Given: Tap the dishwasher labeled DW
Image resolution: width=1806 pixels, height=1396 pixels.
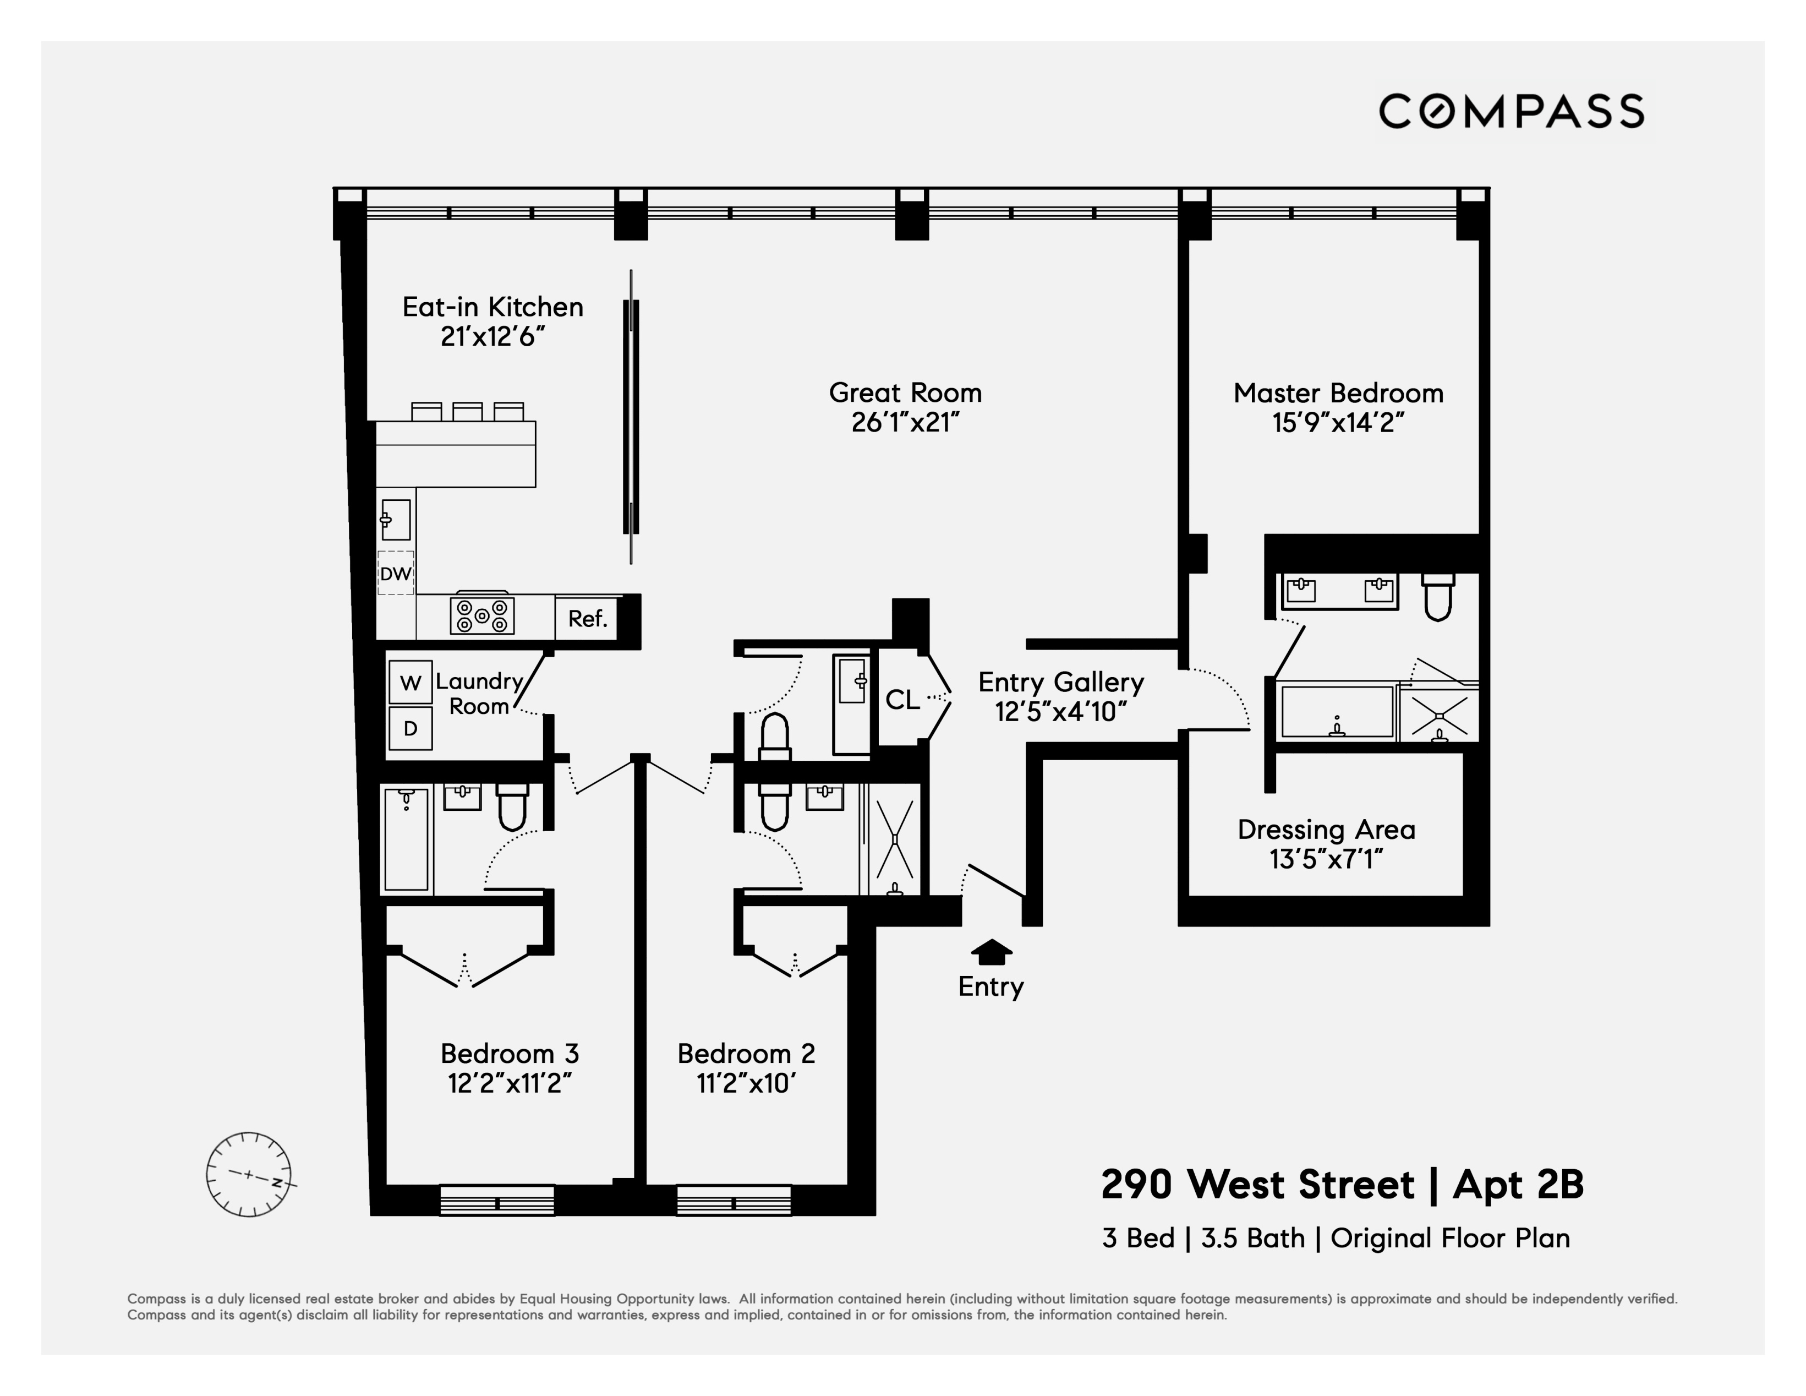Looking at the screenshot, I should click(x=395, y=573).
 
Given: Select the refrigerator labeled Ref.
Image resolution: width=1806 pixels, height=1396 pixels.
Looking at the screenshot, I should click(x=588, y=618).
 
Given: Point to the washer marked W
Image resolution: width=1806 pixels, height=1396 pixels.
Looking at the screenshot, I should click(x=410, y=682).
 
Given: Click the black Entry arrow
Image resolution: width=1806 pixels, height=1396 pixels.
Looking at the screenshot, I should click(x=990, y=953).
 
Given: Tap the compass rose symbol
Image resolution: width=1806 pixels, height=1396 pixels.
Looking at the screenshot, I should click(x=249, y=1174).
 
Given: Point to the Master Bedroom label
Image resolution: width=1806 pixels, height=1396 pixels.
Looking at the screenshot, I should click(x=1338, y=393).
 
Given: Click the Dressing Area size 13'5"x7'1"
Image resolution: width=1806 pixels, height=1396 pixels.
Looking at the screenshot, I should click(x=1326, y=859).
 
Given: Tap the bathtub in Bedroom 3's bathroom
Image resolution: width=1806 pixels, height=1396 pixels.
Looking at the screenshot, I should click(x=406, y=838).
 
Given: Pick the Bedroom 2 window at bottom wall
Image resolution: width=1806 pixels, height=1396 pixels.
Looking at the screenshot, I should click(x=734, y=1201).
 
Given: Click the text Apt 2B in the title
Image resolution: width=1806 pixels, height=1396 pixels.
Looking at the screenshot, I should click(x=1518, y=1184).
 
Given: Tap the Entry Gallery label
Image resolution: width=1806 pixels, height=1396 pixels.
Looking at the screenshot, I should click(x=1061, y=682).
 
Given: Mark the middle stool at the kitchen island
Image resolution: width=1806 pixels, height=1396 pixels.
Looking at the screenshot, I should click(x=467, y=411).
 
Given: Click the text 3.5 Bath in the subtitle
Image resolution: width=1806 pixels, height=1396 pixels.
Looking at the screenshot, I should click(x=1253, y=1238).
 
